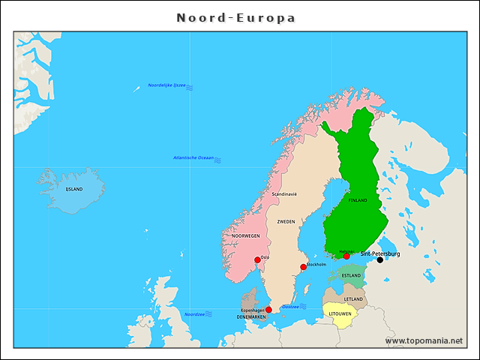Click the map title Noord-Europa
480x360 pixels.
pyautogui.click(x=236, y=17)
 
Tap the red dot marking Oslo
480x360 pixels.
pyautogui.click(x=257, y=259)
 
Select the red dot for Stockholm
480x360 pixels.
pyautogui.click(x=303, y=267)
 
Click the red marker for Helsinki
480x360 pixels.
pyautogui.click(x=346, y=256)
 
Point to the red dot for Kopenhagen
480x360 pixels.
pyautogui.click(x=268, y=309)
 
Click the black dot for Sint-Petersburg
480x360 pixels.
pyautogui.click(x=379, y=260)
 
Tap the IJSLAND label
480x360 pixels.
pyautogui.click(x=74, y=190)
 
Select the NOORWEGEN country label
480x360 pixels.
pyautogui.click(x=245, y=235)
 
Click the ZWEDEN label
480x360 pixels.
pyautogui.click(x=286, y=222)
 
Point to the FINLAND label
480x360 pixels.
pyautogui.click(x=358, y=201)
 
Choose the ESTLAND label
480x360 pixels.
pyautogui.click(x=351, y=276)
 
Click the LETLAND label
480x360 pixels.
pyautogui.click(x=353, y=299)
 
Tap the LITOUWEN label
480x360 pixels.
pyautogui.click(x=340, y=314)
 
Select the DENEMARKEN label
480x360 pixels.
pyautogui.click(x=251, y=317)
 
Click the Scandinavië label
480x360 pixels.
pyautogui.click(x=284, y=194)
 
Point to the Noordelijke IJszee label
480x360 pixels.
pyautogui.click(x=166, y=85)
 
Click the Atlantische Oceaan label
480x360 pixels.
pyautogui.click(x=193, y=158)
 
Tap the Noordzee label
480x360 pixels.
pyautogui.click(x=194, y=314)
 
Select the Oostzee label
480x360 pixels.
pyautogui.click(x=290, y=306)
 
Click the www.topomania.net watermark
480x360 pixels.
pyautogui.click(x=424, y=340)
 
